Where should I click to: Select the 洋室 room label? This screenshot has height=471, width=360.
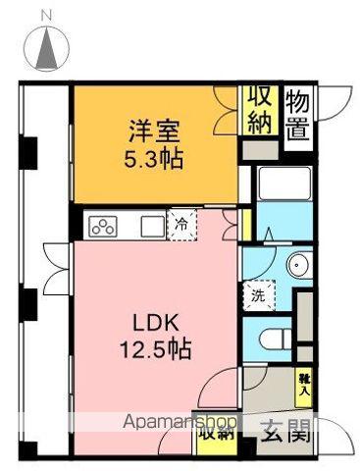154,129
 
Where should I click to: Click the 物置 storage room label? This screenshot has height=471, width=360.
300,114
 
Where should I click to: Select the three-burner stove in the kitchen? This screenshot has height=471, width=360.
104,226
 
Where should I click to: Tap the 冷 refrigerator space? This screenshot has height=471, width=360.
181,225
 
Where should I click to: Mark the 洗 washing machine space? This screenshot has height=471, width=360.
258,292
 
